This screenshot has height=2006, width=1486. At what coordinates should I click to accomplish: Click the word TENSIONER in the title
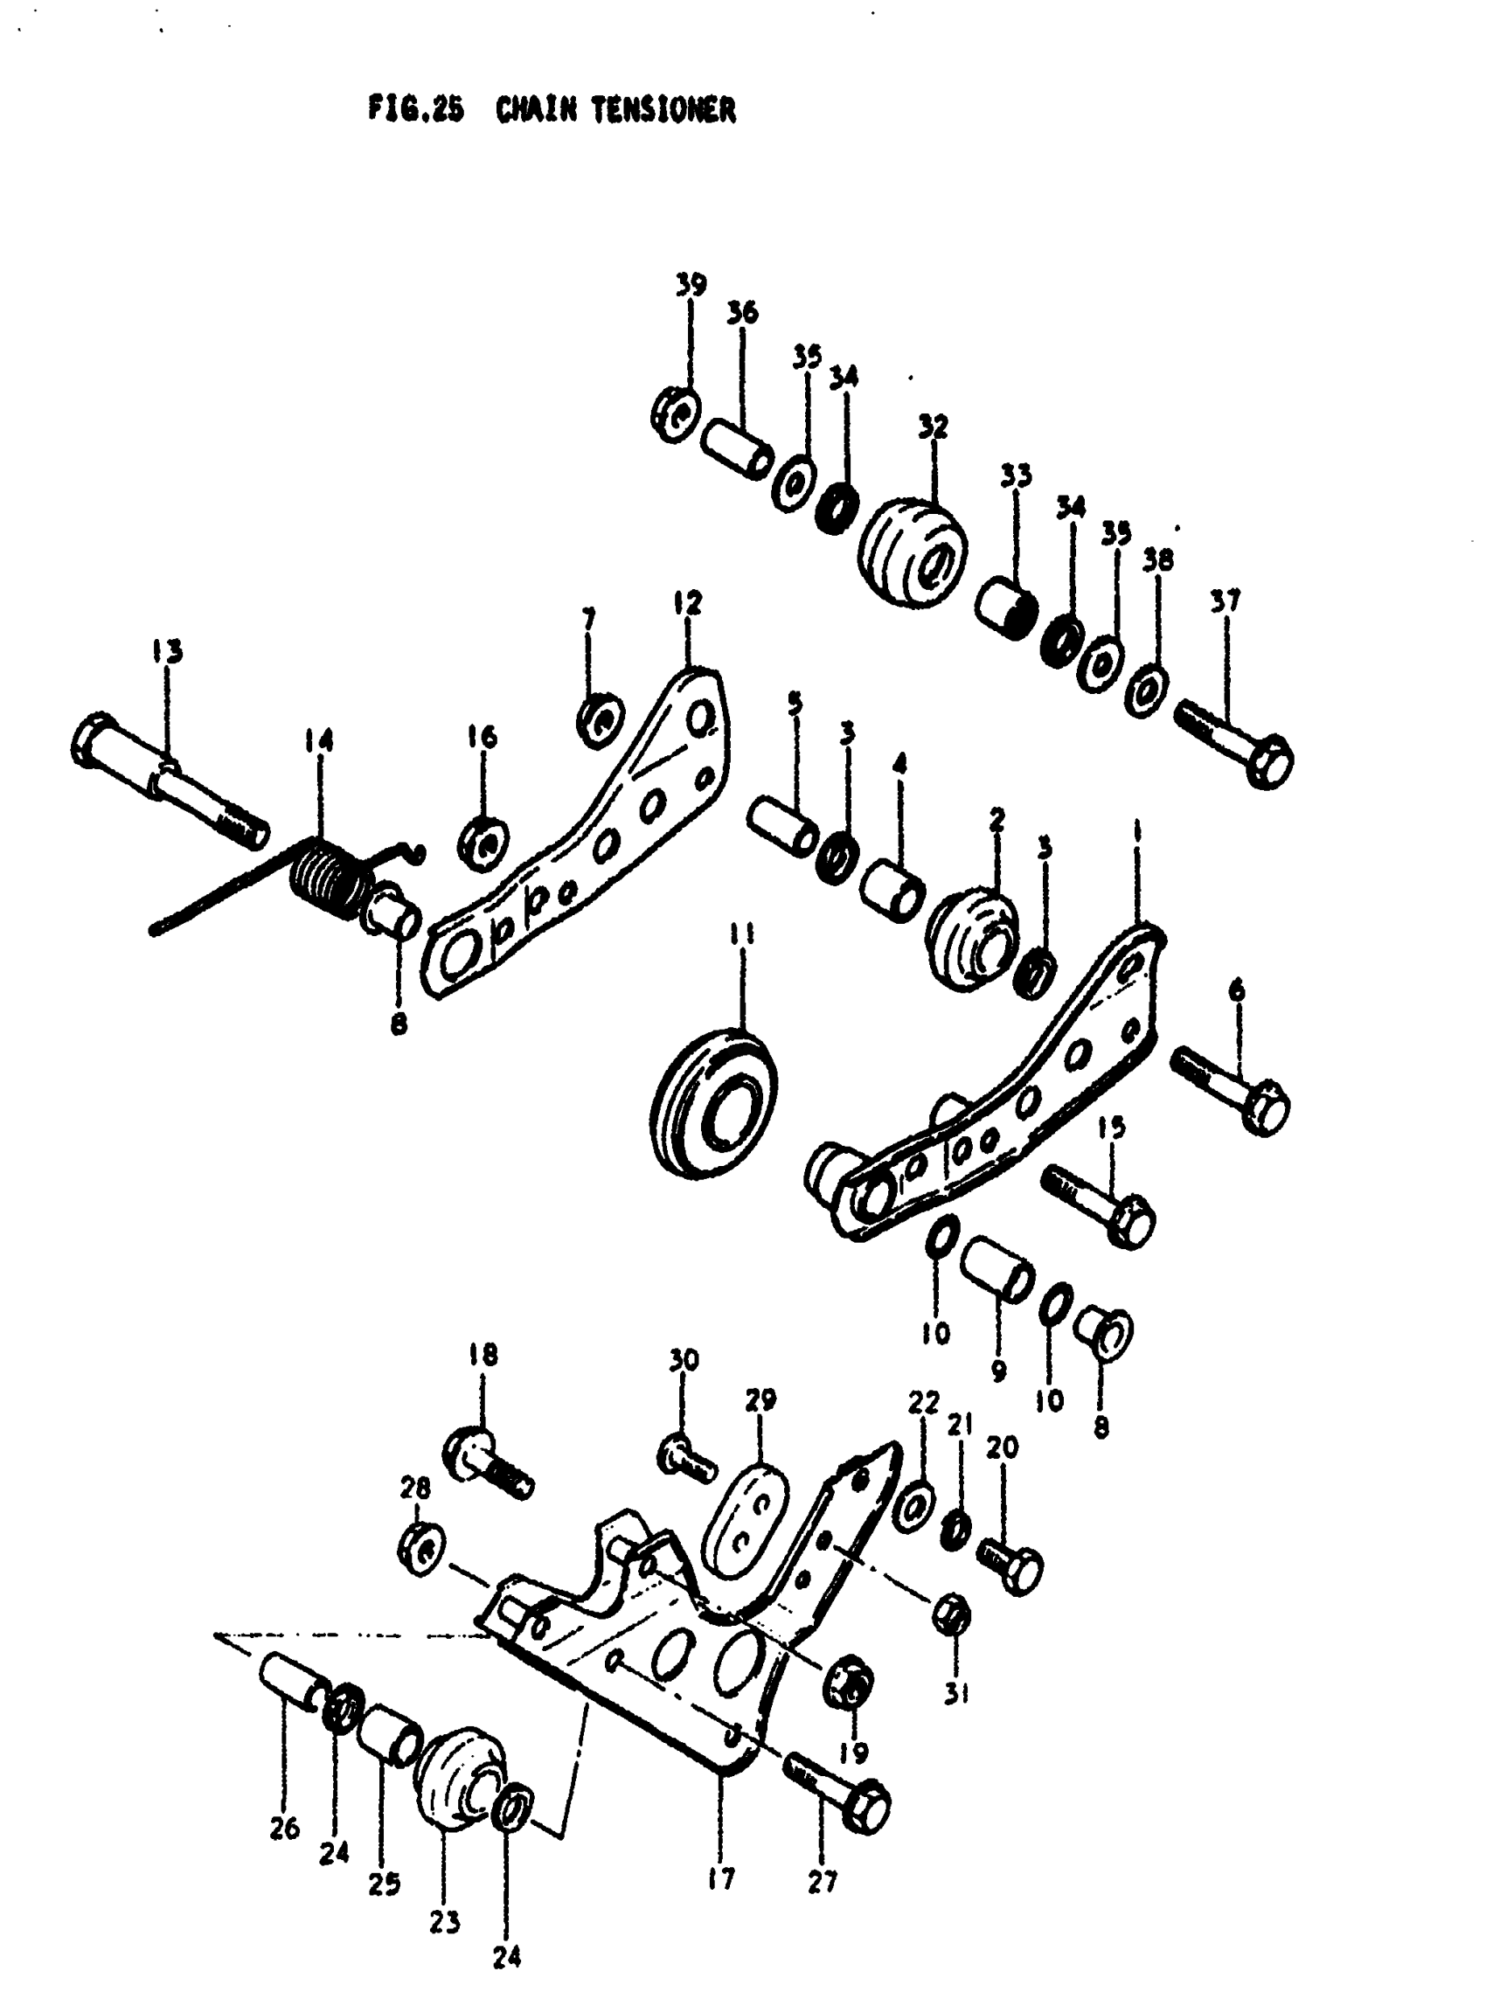(663, 110)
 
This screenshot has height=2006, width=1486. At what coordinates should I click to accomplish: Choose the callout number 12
(687, 603)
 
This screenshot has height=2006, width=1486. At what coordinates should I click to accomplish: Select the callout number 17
(721, 1878)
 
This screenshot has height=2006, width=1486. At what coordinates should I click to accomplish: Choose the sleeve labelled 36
(736, 446)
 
